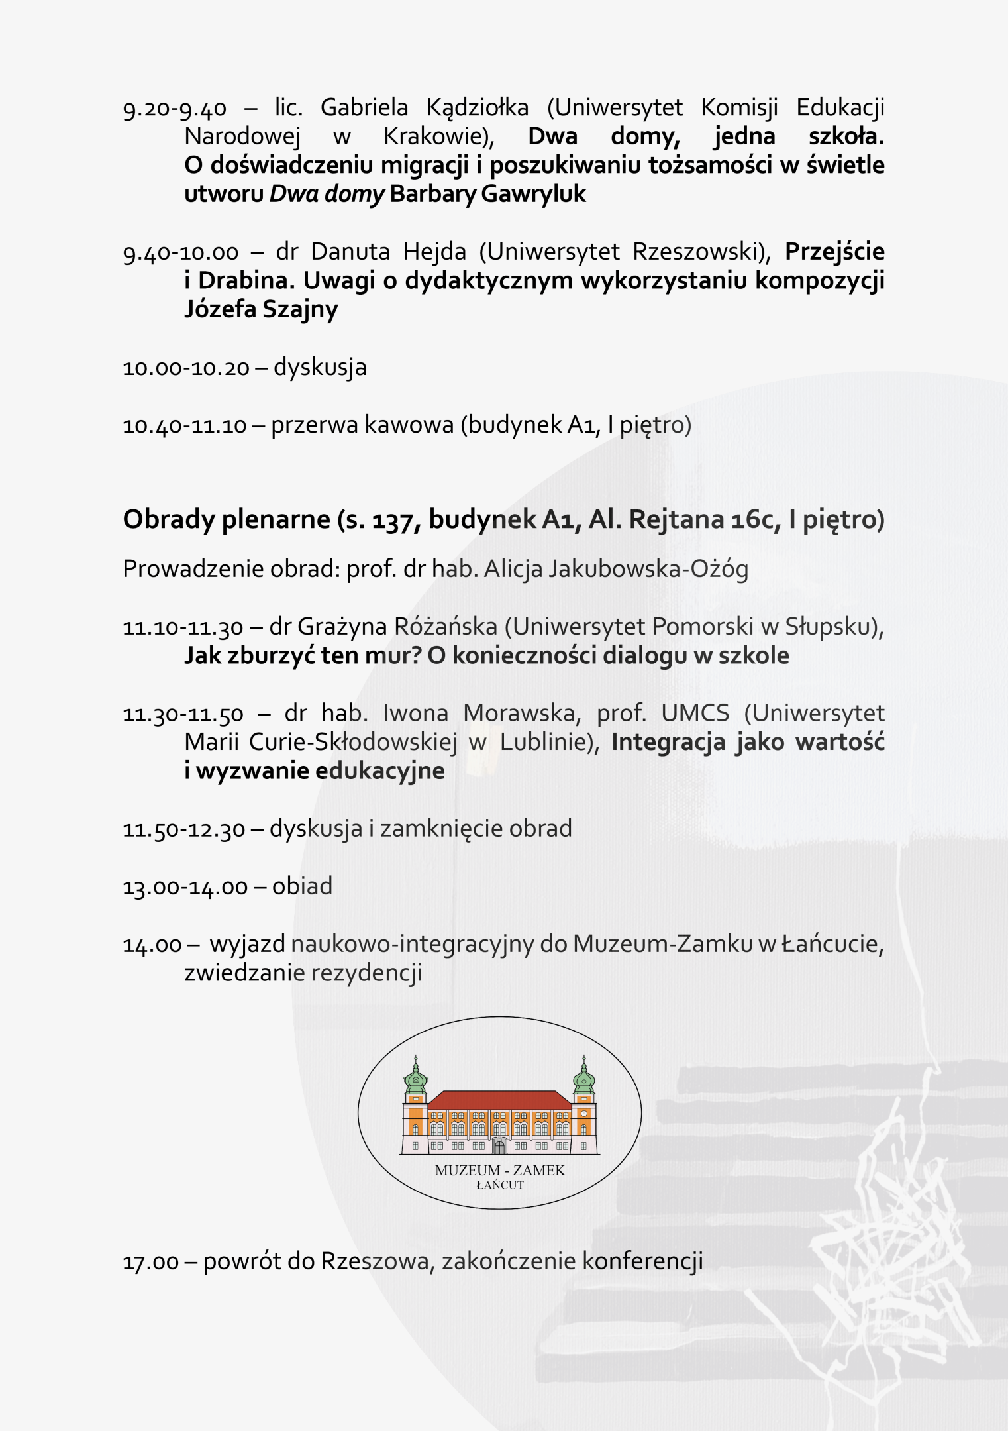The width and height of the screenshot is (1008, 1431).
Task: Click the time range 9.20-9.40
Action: pyautogui.click(x=174, y=108)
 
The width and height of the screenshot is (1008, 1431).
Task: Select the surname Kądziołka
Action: pyautogui.click(x=477, y=108)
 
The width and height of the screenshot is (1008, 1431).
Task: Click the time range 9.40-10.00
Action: pyautogui.click(x=180, y=252)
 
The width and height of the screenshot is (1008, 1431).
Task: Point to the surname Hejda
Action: pyautogui.click(x=434, y=252)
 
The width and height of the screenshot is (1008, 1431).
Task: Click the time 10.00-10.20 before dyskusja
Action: pyautogui.click(x=186, y=368)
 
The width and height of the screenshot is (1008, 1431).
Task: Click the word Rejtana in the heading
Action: pyautogui.click(x=676, y=519)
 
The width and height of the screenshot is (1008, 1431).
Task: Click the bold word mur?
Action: pyautogui.click(x=391, y=656)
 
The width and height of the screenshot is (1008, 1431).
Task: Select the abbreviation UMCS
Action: pyautogui.click(x=695, y=714)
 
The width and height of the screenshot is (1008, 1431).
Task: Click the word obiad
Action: pyautogui.click(x=302, y=886)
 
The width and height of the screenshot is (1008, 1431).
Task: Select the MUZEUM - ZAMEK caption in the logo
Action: pyautogui.click(x=500, y=1171)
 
